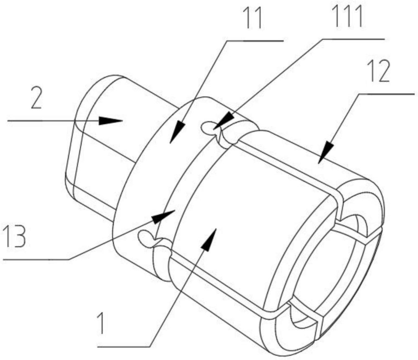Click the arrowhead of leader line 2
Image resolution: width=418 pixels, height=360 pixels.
[112, 120]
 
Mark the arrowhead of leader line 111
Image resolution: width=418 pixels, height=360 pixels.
[218, 124]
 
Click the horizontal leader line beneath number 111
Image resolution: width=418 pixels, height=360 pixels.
[353, 39]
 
